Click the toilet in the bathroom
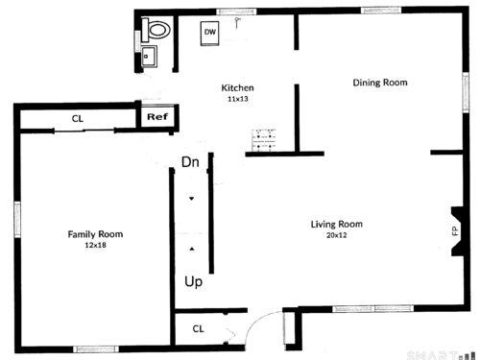click(x=156, y=30)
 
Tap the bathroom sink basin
click(x=149, y=57)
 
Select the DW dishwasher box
click(x=210, y=34)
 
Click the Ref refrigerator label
click(x=157, y=117)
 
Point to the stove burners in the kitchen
click(x=264, y=140)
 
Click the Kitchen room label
click(x=237, y=87)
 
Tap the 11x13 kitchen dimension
click(x=238, y=99)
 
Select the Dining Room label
click(x=380, y=83)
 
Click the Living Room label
click(x=337, y=224)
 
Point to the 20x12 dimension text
click(x=337, y=235)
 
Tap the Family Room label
click(x=95, y=234)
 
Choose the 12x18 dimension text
click(x=95, y=246)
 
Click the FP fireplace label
click(x=455, y=230)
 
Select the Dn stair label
click(x=190, y=162)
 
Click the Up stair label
click(x=194, y=282)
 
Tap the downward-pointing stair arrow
click(x=191, y=199)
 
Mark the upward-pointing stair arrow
click(x=192, y=249)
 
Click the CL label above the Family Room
click(x=78, y=119)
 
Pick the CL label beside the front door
click(x=198, y=328)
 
